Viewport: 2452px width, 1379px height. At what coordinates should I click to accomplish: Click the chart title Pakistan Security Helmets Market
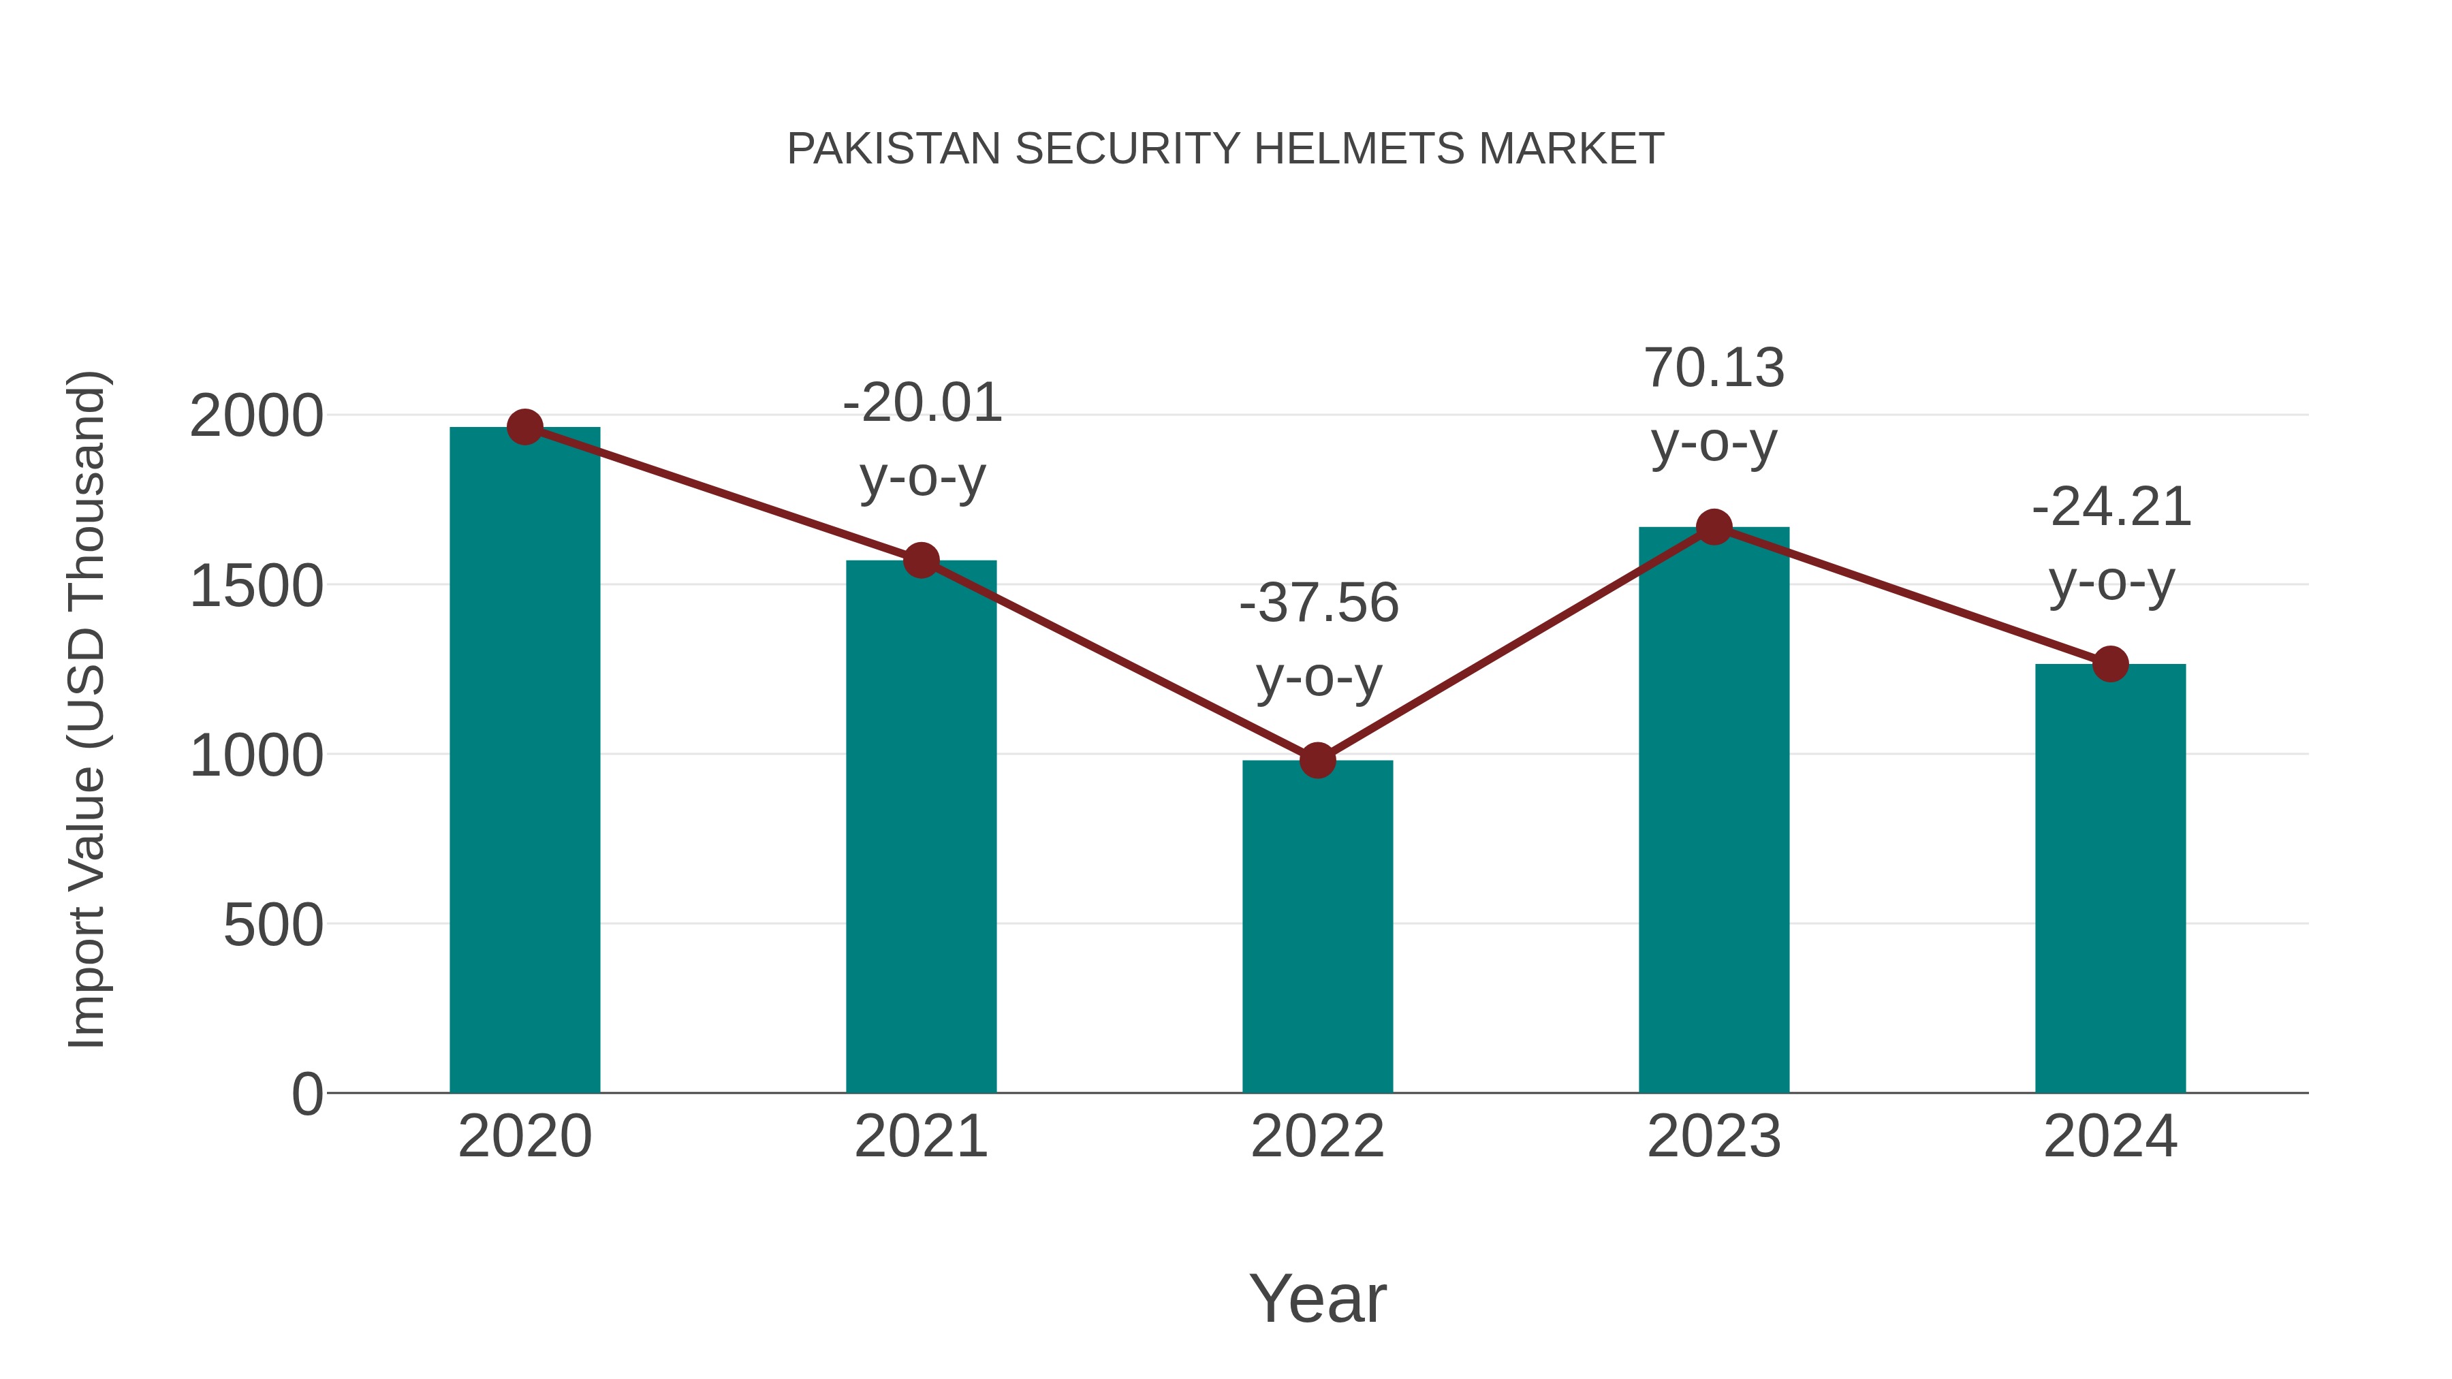(x=1225, y=149)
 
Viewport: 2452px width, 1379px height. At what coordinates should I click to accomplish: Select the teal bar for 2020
(x=524, y=761)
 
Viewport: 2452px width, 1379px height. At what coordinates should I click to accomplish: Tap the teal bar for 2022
(x=1317, y=928)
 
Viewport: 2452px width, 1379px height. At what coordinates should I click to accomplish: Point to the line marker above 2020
(x=524, y=427)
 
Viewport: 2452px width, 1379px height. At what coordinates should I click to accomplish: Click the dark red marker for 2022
(x=1317, y=761)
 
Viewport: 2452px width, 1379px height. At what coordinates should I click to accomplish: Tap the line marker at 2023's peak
(x=1714, y=527)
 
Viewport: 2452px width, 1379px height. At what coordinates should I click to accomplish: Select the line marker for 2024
(x=2110, y=664)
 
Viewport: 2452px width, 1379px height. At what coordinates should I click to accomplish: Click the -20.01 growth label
(x=922, y=404)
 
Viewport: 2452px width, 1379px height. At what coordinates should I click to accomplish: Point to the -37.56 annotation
(x=1319, y=603)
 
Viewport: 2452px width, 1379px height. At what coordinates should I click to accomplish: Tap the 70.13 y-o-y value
(x=1714, y=369)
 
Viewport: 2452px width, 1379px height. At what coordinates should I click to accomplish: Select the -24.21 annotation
(x=2111, y=508)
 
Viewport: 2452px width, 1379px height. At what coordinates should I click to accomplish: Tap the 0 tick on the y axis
(x=306, y=1094)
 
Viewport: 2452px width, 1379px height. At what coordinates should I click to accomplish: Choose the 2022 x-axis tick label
(x=1317, y=1137)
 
